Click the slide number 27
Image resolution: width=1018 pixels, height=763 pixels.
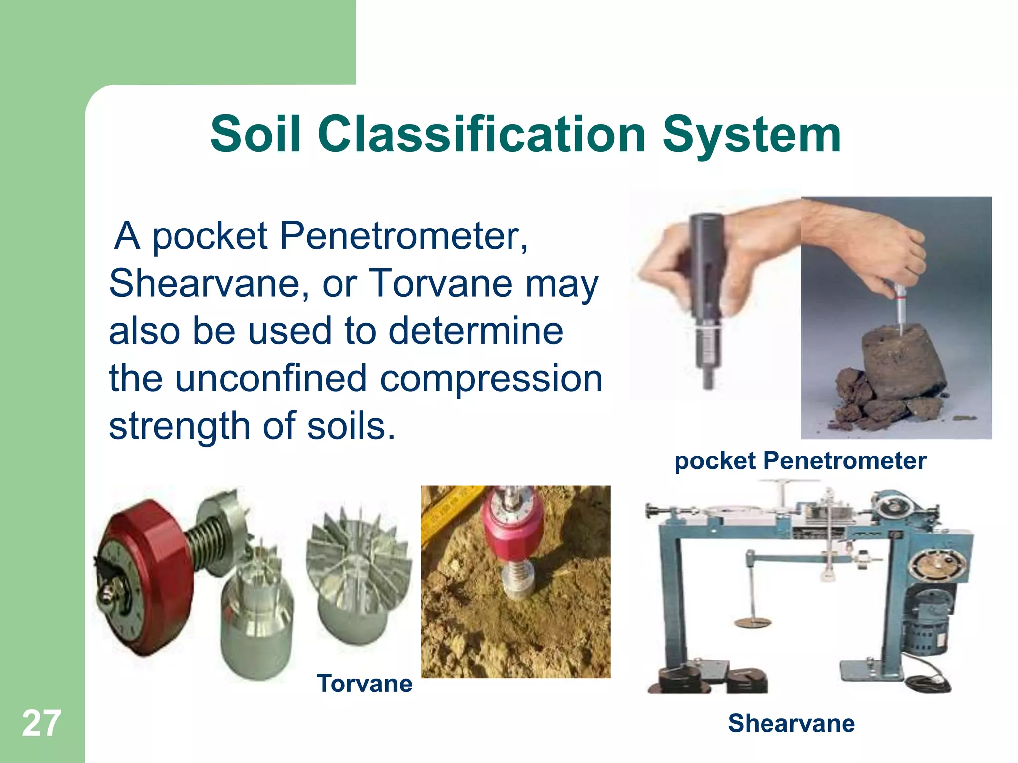pos(42,723)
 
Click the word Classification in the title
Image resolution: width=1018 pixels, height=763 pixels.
pos(482,134)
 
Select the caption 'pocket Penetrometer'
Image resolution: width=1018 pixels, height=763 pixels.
pos(800,460)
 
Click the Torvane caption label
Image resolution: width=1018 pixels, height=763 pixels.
pos(364,684)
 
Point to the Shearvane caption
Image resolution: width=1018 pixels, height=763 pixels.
pos(791,723)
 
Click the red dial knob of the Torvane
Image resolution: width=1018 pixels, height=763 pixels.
pos(144,576)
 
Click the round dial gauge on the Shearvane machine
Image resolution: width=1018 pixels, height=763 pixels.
pos(937,566)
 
